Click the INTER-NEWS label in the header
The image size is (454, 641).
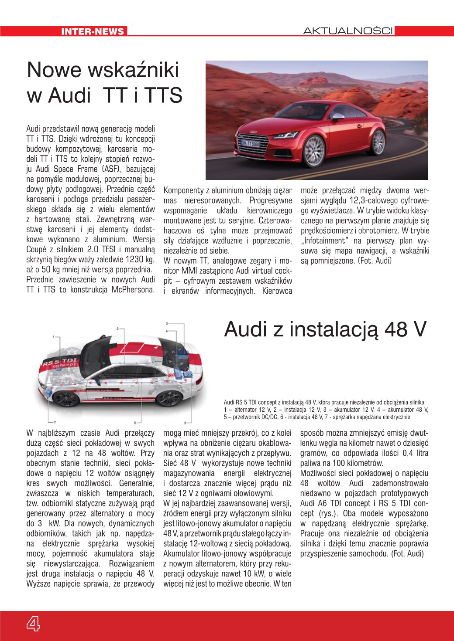click(x=93, y=31)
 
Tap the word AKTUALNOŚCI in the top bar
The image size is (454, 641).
click(x=348, y=31)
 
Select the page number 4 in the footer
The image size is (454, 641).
click(x=33, y=624)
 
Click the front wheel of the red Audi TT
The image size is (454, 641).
click(x=313, y=151)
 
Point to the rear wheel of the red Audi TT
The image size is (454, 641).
click(x=378, y=142)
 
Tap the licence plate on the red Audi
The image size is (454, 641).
click(x=251, y=143)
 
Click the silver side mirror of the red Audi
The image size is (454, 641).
click(x=338, y=116)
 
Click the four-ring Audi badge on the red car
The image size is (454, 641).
click(x=254, y=132)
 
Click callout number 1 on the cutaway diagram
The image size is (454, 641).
click(x=53, y=337)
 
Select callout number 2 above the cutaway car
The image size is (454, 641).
click(x=117, y=329)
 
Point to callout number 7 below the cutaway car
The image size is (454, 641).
click(x=55, y=422)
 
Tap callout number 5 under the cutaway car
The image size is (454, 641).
click(x=186, y=422)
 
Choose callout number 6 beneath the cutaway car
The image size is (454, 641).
click(x=136, y=422)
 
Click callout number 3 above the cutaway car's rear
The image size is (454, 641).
click(x=167, y=324)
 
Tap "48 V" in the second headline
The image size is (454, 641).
click(x=405, y=330)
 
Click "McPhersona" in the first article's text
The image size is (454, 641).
click(x=133, y=290)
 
